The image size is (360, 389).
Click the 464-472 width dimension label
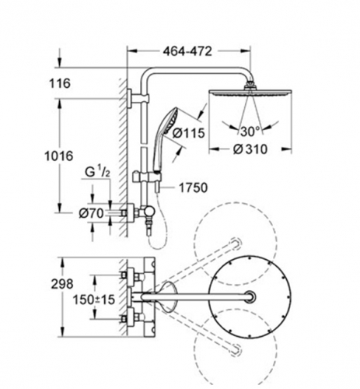pos(187,51)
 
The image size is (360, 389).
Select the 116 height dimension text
pos(60,83)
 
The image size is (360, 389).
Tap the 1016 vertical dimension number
pos(59,156)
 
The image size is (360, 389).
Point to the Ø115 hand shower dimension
pos(189,133)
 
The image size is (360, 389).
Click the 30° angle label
pos(250,131)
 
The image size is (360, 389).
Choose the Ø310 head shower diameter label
pos(250,149)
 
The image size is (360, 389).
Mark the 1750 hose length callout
pos(194,187)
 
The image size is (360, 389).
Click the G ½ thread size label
pos(97,172)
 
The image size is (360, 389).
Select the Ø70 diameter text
pos(91,213)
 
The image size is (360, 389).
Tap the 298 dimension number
pos(62,284)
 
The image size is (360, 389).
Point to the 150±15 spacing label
pos(94,300)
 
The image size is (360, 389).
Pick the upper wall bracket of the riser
pos(138,99)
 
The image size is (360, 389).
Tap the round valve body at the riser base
pos(149,212)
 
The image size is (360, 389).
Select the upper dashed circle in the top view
pos(236,244)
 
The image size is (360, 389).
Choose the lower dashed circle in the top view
pos(236,349)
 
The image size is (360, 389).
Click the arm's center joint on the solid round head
pos(250,297)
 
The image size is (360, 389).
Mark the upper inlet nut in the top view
pos(124,275)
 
